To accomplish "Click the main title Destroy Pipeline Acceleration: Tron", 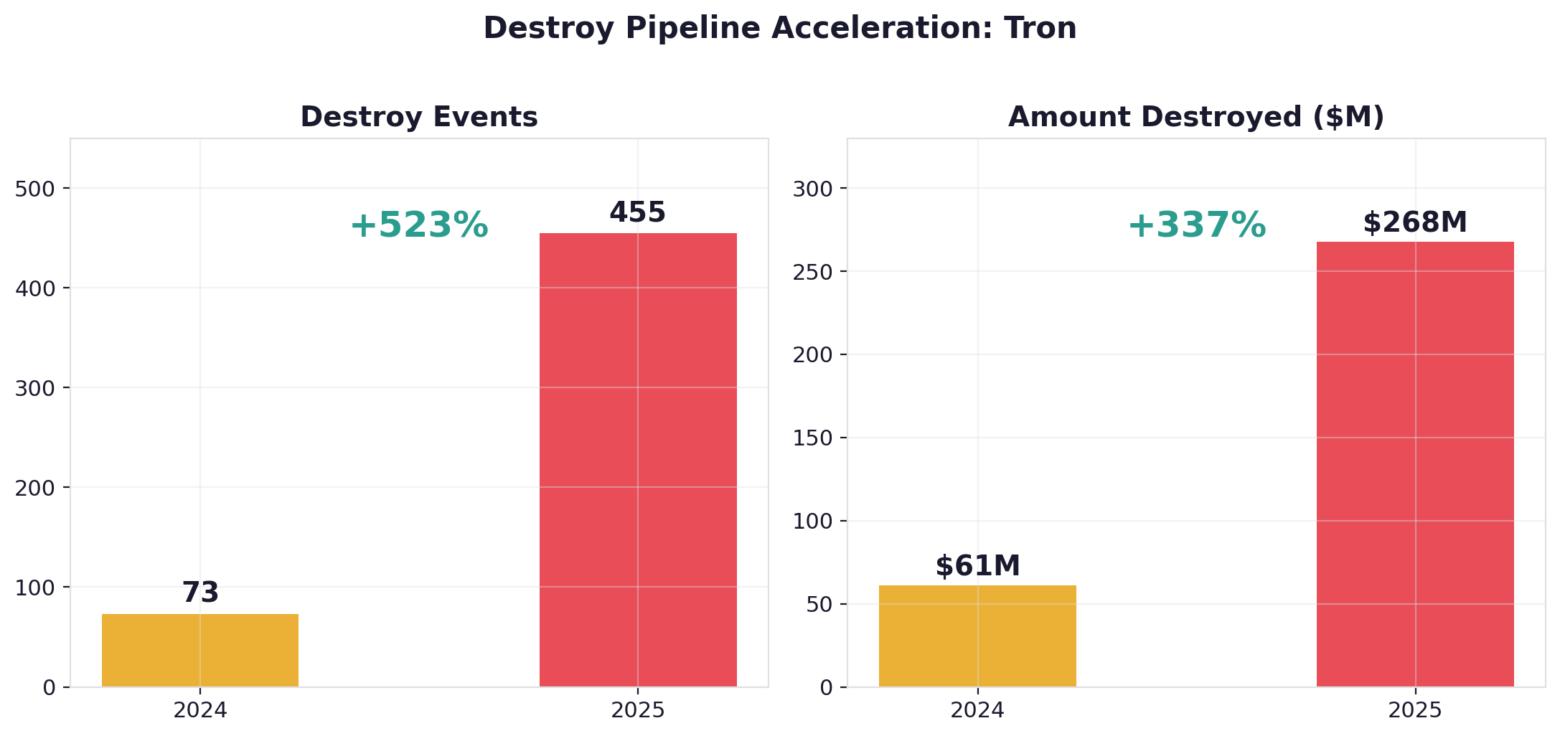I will point(780,29).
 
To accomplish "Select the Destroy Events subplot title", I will point(419,117).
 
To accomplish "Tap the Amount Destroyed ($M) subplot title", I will point(1195,117).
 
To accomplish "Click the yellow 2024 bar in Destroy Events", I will point(200,650).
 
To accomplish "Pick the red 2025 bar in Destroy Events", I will point(638,459).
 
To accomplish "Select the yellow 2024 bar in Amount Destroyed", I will point(977,636).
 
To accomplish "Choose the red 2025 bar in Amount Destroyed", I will point(1415,463).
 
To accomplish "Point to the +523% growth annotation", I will point(419,225).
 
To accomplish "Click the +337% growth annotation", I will point(1196,225).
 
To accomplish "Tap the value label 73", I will point(200,593).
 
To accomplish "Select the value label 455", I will point(638,213).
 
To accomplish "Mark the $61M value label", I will point(977,567).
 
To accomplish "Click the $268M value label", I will point(1415,222).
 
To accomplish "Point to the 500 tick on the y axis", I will point(34,189).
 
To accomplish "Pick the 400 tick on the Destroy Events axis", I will point(34,289).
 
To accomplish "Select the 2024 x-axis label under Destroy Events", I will point(200,711).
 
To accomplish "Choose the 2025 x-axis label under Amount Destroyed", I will point(1415,711).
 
